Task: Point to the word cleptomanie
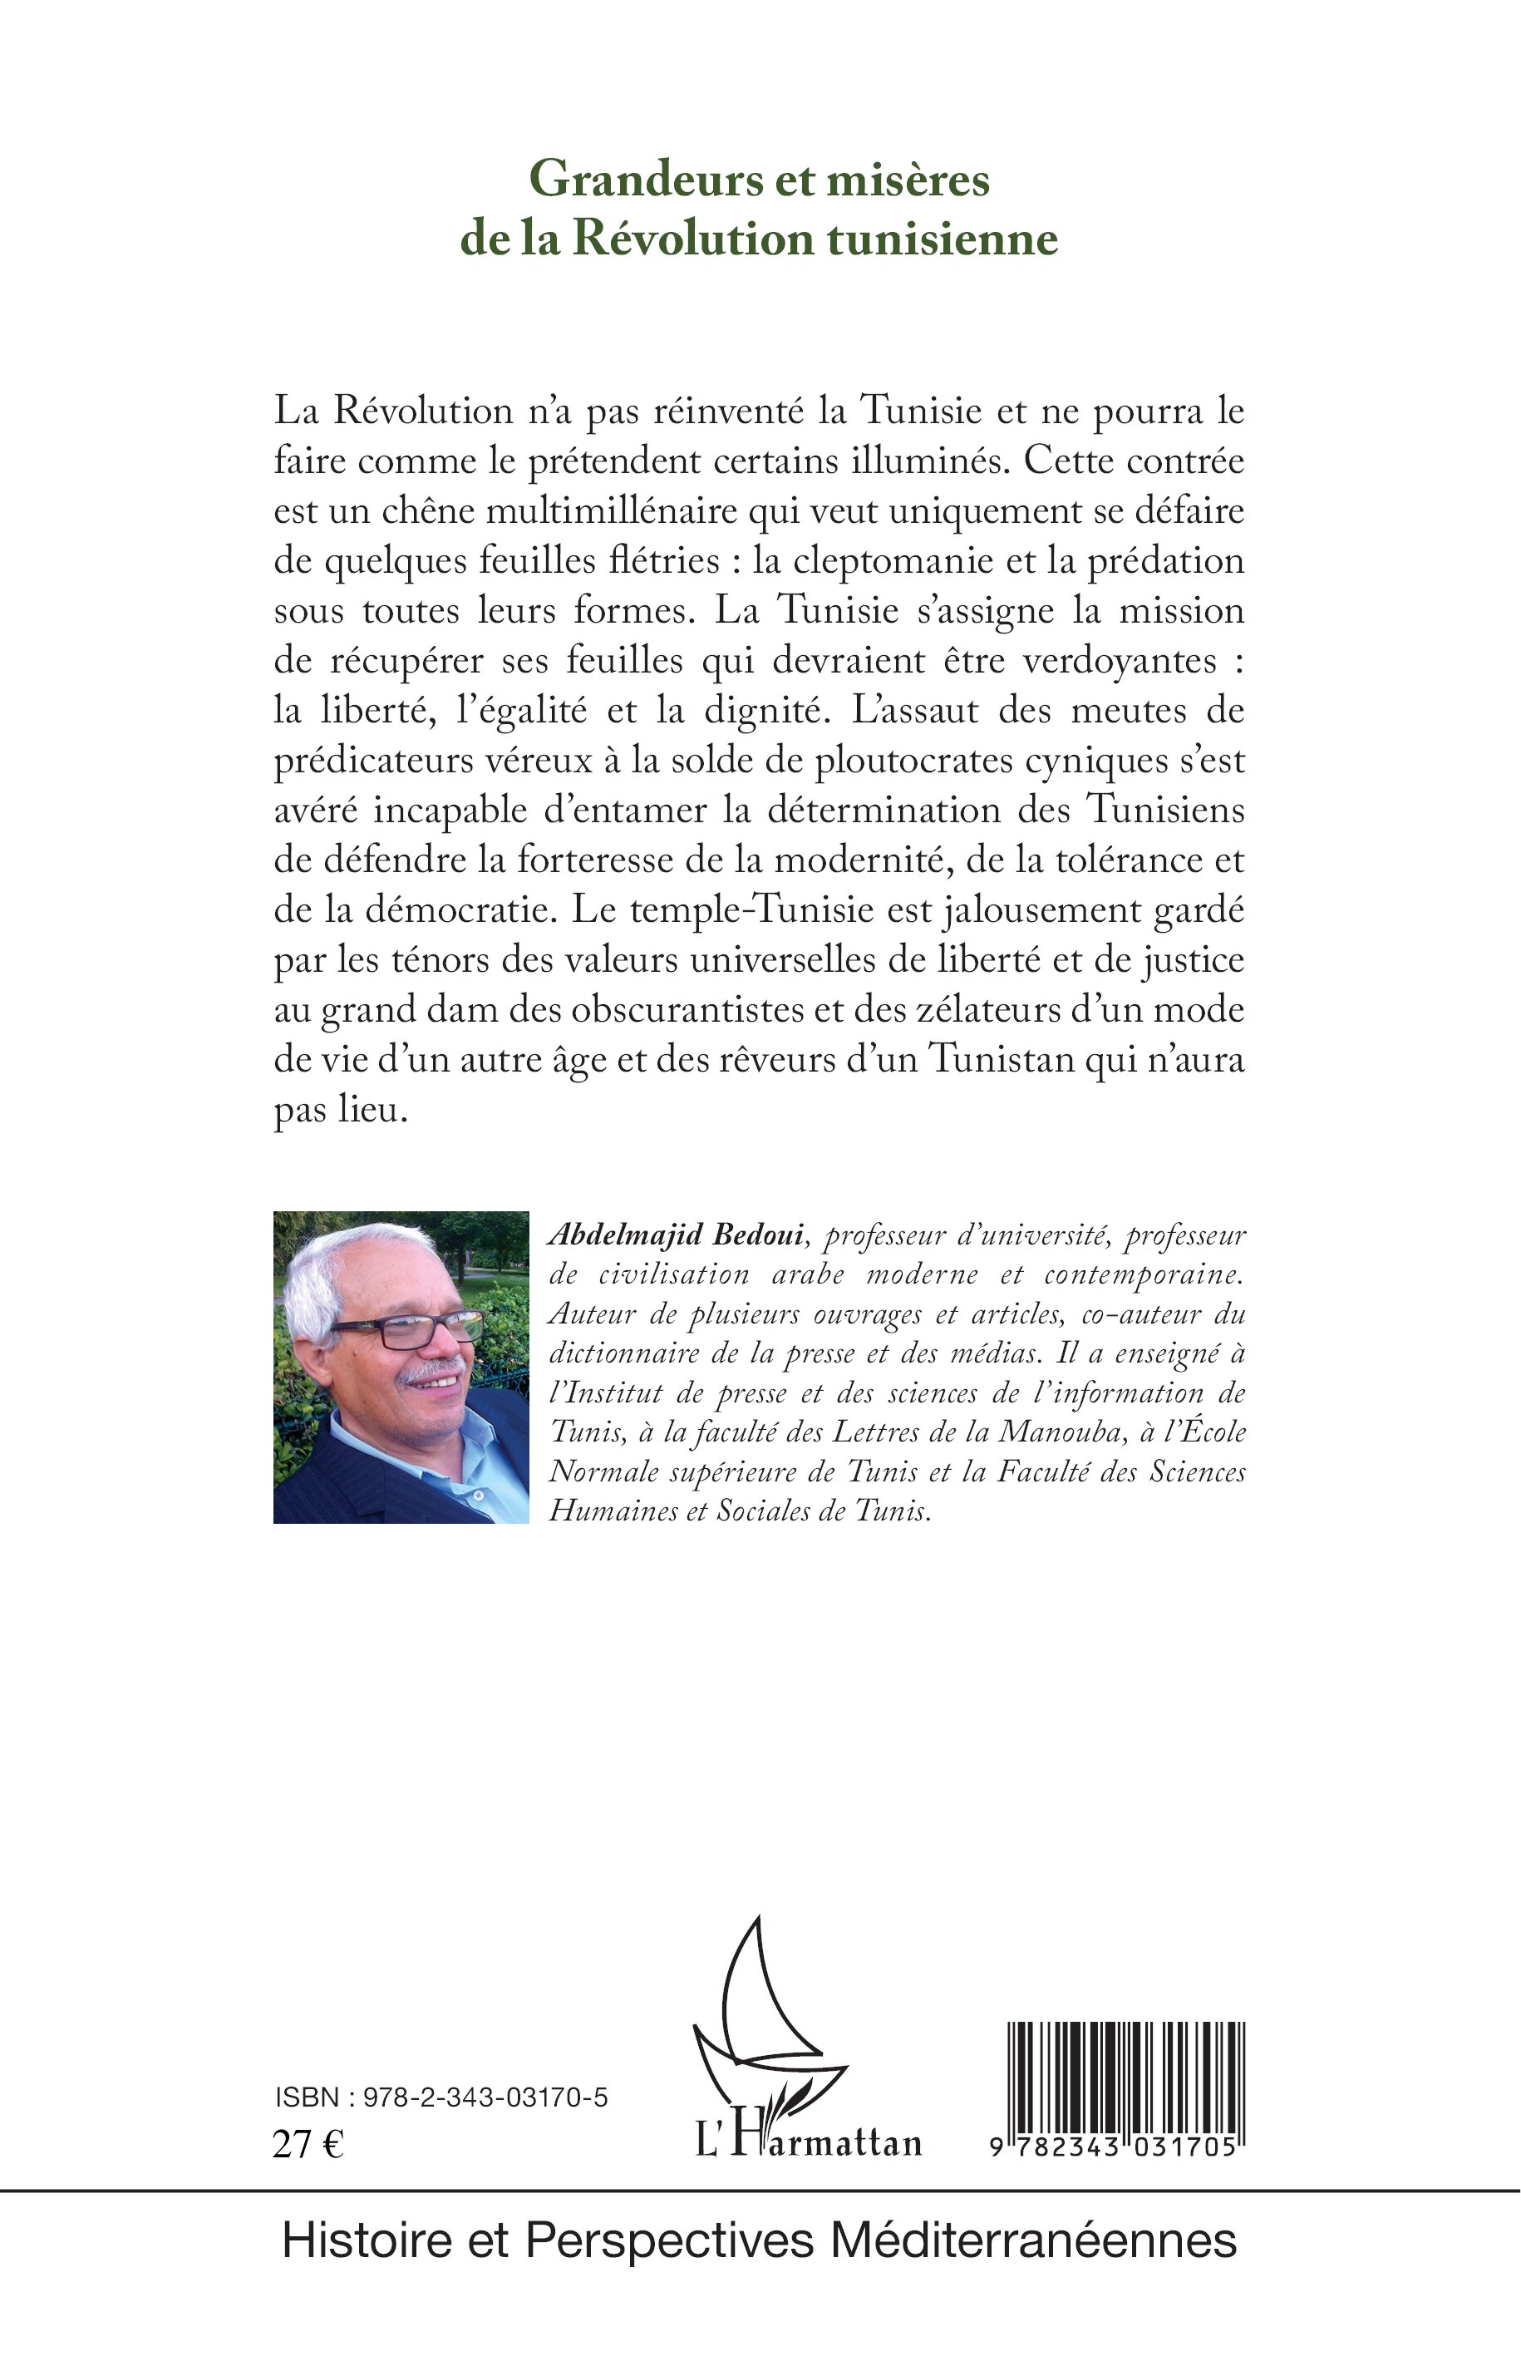(893, 561)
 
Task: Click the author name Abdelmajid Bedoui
(677, 1235)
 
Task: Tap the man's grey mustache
(431, 1370)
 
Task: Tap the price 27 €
(308, 2145)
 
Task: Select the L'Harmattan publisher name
(809, 2141)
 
